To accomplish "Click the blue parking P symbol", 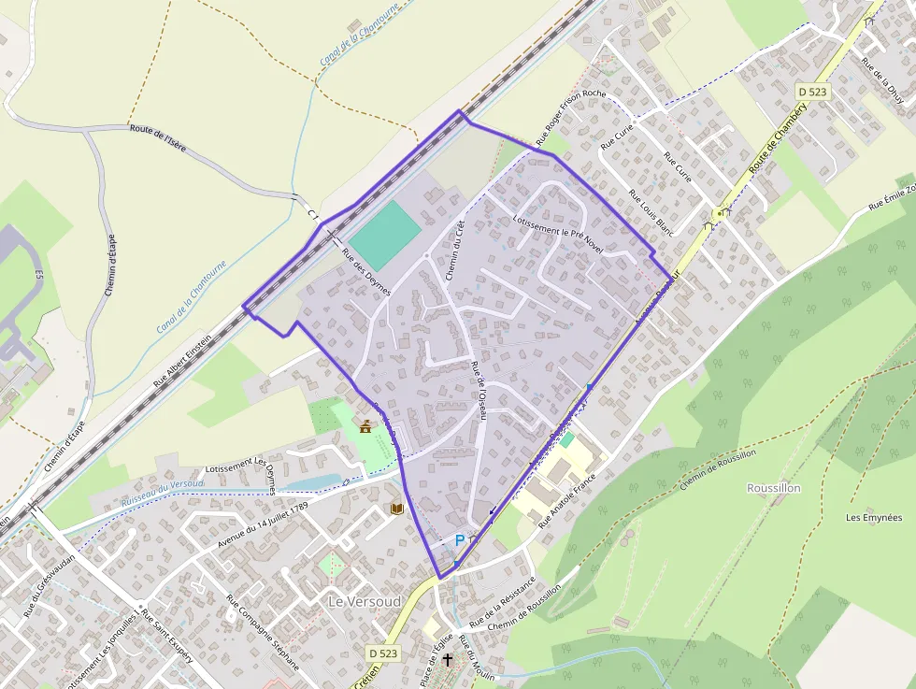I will tap(459, 540).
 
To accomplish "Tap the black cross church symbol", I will tap(448, 660).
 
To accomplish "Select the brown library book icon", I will tap(397, 508).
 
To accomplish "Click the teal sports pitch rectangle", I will tap(384, 235).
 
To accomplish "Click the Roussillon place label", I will tap(774, 488).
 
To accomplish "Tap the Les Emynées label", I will tap(874, 517).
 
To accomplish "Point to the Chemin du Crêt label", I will tap(455, 249).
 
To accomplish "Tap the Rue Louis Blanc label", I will tap(651, 212).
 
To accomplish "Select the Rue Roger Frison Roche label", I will tap(571, 119).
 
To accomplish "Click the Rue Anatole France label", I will tap(567, 500).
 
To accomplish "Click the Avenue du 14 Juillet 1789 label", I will tap(262, 524).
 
